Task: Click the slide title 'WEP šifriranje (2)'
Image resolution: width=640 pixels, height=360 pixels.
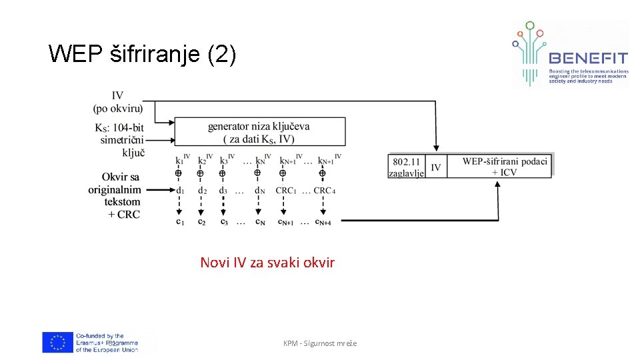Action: (142, 54)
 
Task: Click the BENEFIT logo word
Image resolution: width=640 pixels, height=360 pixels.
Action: (588, 59)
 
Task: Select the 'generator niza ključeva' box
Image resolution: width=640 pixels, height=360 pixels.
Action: (259, 132)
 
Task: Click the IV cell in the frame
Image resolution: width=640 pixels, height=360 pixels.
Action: (436, 167)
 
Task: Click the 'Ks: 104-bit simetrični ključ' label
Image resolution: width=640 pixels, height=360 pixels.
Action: (120, 139)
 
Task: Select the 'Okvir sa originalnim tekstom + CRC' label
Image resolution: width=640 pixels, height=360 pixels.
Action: (115, 195)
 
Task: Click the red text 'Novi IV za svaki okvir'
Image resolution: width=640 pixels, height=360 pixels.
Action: (267, 262)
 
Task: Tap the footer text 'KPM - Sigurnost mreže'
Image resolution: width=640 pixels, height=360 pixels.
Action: (320, 343)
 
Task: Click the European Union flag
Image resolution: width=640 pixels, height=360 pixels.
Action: (58, 342)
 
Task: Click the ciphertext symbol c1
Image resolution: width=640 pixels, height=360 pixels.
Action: (179, 221)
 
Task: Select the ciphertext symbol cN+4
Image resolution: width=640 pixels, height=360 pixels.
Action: (325, 222)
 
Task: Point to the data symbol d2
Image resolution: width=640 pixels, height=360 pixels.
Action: (201, 191)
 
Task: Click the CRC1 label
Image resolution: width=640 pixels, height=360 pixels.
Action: (285, 191)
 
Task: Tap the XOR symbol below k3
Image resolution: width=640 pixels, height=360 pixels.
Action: (222, 173)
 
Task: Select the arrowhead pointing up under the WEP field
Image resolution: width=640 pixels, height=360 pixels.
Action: (497, 185)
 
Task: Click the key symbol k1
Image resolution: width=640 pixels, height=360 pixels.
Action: (179, 161)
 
